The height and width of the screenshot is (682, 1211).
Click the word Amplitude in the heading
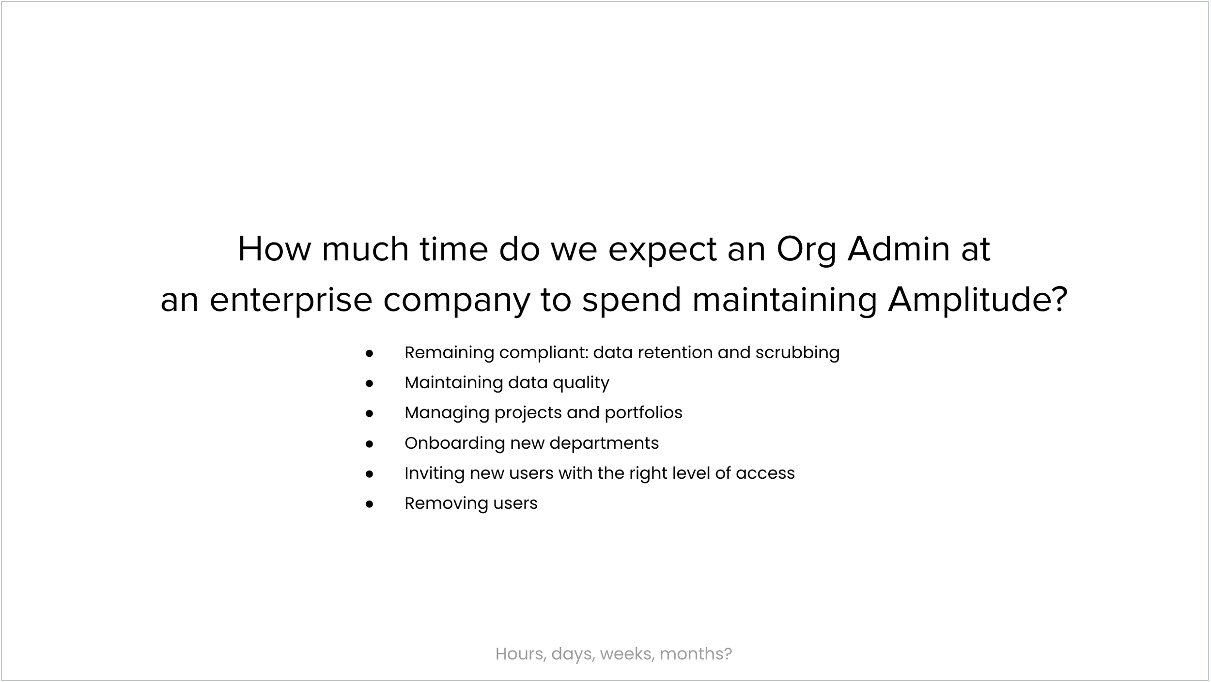click(x=978, y=300)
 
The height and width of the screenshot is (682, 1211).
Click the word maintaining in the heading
click(x=785, y=301)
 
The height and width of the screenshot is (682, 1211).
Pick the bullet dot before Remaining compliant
click(x=370, y=353)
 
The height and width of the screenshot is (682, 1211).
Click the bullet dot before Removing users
click(x=370, y=504)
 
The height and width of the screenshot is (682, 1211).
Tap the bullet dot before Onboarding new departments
click(x=370, y=444)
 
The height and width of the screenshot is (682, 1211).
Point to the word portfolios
click(x=643, y=413)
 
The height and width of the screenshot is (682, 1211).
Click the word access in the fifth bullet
click(x=765, y=473)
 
